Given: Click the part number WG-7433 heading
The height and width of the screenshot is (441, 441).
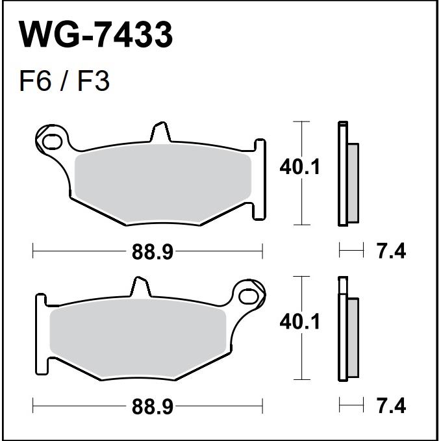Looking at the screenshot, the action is click(x=95, y=35).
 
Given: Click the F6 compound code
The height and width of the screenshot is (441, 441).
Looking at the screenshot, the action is click(x=36, y=81).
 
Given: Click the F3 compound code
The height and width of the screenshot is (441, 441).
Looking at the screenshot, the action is click(x=93, y=81).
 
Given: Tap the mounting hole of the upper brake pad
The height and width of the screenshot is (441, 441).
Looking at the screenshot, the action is click(x=53, y=141).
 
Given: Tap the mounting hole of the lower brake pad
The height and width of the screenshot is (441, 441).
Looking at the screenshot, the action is click(x=248, y=296).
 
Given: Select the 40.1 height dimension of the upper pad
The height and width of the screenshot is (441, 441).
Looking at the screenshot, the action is click(x=300, y=167).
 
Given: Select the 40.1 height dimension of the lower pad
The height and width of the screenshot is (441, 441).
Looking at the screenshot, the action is click(x=300, y=321).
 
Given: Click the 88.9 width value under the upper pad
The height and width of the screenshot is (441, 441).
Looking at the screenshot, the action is click(x=153, y=252).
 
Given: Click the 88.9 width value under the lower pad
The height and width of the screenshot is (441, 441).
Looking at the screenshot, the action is click(x=153, y=407).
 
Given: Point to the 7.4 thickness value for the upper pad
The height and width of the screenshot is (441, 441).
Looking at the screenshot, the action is click(x=392, y=251).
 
